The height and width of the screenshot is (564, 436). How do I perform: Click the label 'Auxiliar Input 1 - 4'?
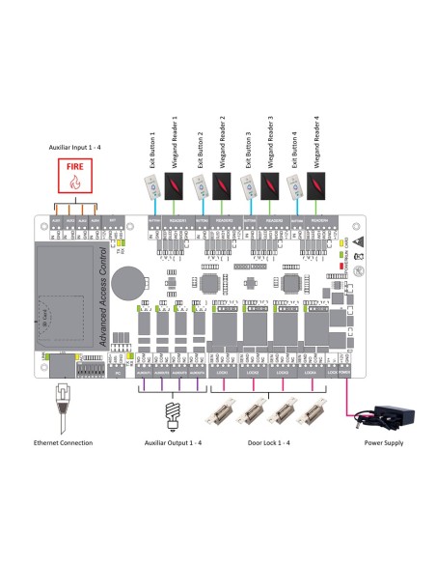pos(78,145)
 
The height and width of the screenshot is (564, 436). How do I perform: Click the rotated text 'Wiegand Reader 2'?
pos(223,138)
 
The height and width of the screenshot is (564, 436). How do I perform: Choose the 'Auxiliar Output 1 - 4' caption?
pos(175,415)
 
